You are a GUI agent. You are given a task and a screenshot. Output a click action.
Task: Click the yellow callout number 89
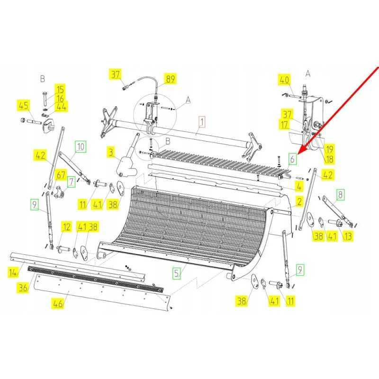click(171, 79)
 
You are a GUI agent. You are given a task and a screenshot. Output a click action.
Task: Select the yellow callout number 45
click(23, 105)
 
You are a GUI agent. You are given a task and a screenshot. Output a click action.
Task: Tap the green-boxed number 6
click(292, 159)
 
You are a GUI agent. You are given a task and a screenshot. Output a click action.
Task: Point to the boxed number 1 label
click(202, 121)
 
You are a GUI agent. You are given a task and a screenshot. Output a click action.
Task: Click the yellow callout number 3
click(111, 152)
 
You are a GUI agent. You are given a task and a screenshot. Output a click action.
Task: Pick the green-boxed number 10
click(81, 147)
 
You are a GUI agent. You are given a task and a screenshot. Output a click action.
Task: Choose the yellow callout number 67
click(61, 175)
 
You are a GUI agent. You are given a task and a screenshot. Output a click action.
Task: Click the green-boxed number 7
click(71, 182)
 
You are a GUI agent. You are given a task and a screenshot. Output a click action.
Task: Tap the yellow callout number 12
click(66, 227)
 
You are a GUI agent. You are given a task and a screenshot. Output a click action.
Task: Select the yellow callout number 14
click(13, 272)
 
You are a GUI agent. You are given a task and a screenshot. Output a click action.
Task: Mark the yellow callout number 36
click(23, 288)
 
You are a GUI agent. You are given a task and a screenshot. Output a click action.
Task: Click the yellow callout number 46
click(58, 303)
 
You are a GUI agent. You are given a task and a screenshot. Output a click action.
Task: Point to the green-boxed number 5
click(177, 273)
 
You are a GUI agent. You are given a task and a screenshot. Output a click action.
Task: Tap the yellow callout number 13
click(348, 235)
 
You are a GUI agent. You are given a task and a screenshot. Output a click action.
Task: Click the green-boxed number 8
click(341, 194)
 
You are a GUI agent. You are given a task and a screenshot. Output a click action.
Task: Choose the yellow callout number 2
click(299, 202)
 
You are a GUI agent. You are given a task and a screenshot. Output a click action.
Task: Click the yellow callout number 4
click(299, 186)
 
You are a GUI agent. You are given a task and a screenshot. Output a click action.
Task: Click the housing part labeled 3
click(126, 165)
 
